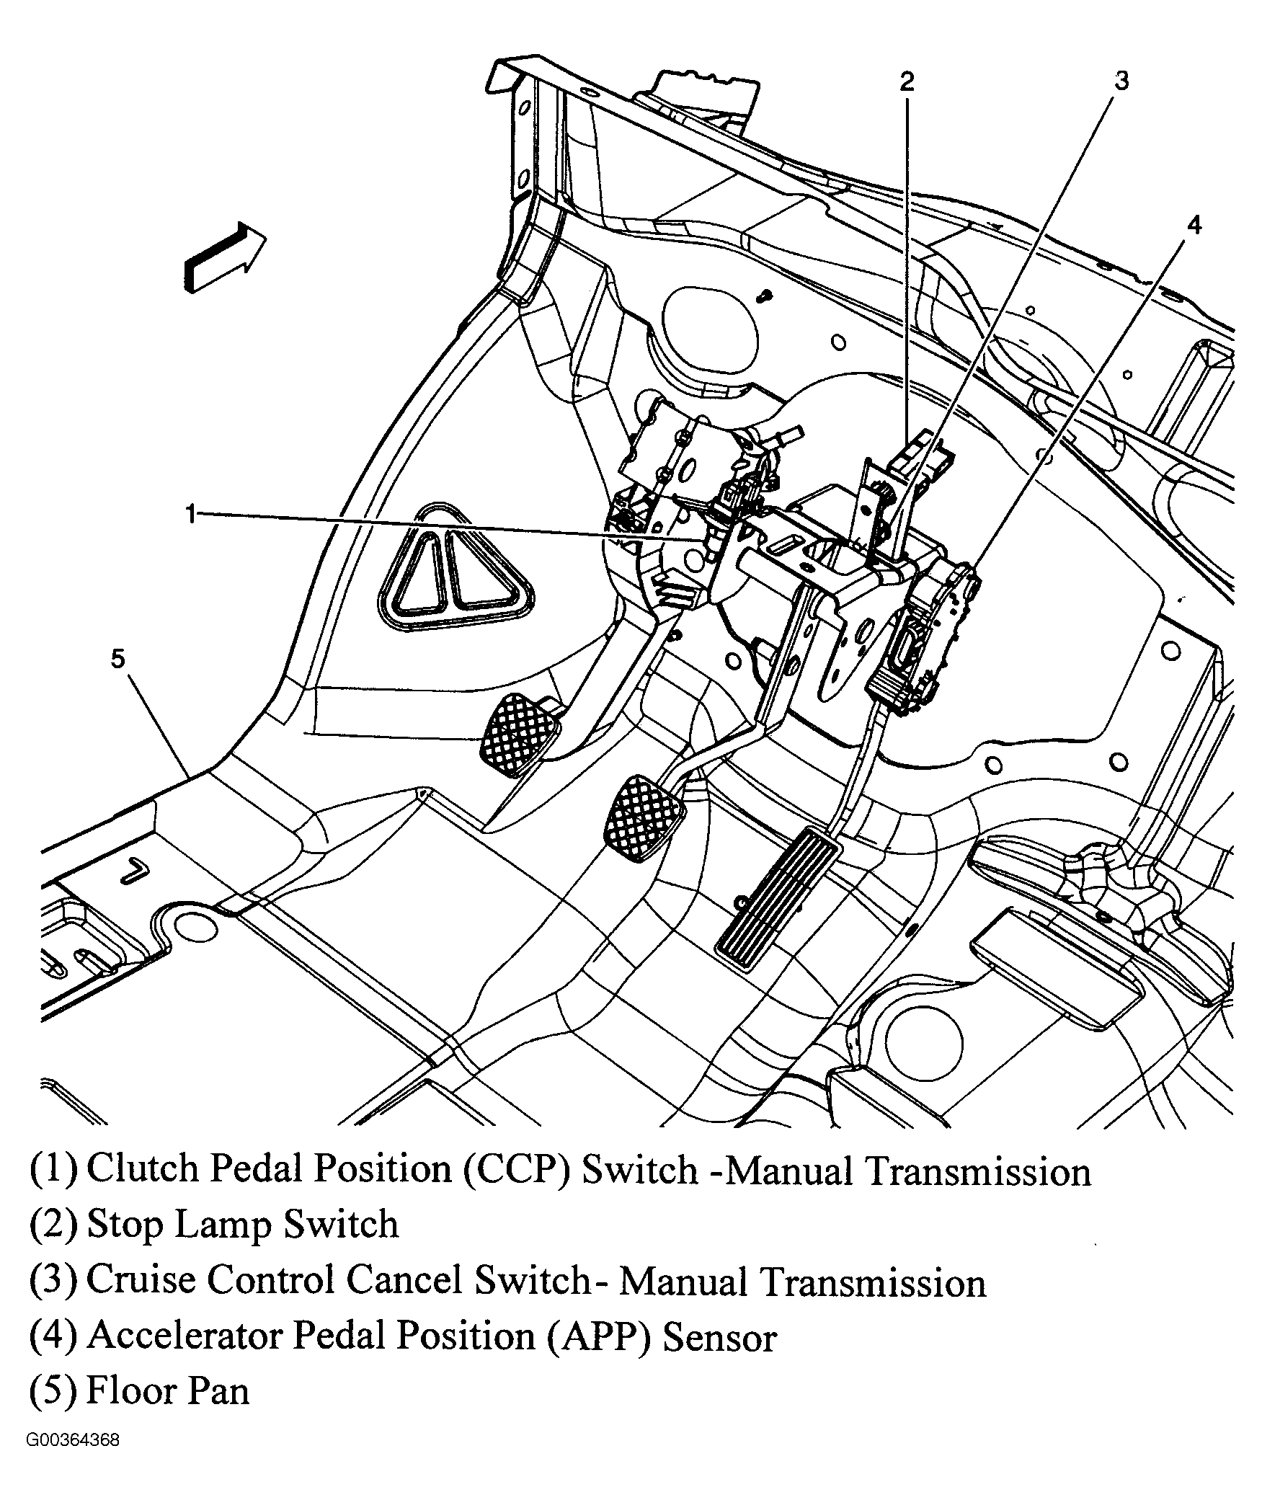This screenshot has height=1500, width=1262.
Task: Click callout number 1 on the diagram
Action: (190, 515)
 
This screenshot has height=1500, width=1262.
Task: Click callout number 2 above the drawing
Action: (906, 81)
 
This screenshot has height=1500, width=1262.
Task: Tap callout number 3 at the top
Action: (1121, 81)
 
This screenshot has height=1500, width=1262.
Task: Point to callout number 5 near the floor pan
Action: (118, 658)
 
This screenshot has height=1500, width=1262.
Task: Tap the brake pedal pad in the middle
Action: (644, 817)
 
